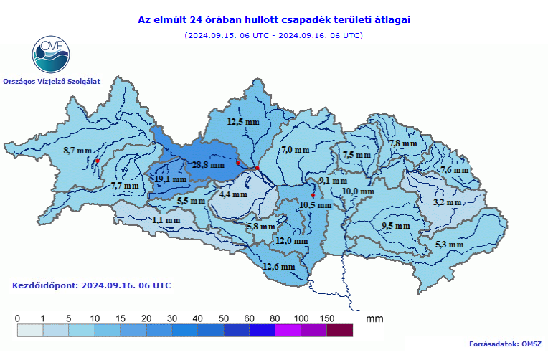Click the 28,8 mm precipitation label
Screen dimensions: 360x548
point(209,165)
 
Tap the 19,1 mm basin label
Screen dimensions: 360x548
point(171,179)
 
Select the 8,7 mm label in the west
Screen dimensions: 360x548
point(77,151)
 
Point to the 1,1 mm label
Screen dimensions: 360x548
point(166,220)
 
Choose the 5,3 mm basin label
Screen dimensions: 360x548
point(450,245)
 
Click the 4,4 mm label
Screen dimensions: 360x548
point(234,194)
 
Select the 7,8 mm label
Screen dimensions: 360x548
point(403,143)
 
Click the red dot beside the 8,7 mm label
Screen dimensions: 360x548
point(97,161)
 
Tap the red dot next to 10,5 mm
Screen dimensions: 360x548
point(313,195)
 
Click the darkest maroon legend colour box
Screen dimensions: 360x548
point(340,330)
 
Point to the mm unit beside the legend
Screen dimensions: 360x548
point(374,317)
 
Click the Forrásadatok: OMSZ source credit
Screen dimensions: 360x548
point(504,344)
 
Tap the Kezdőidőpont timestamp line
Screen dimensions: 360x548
point(92,285)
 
